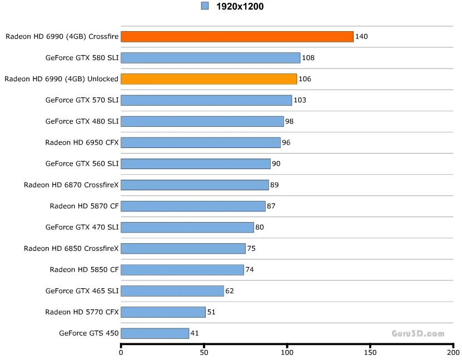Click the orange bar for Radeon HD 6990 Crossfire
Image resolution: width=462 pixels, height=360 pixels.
(237, 37)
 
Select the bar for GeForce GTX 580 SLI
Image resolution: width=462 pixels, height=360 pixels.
(210, 58)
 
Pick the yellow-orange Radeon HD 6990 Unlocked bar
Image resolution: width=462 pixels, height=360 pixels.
(208, 79)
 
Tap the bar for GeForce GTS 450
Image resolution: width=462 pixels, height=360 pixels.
(155, 333)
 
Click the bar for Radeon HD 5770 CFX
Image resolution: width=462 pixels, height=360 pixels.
(163, 312)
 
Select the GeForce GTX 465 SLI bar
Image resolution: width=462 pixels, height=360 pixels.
(172, 291)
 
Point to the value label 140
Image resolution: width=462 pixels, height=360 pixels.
(361, 37)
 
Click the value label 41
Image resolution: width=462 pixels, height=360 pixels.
(195, 333)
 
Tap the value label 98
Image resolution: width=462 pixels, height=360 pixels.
(289, 121)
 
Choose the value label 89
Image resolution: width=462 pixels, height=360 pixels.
(274, 185)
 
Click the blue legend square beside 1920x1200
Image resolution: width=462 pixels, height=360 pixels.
(205, 6)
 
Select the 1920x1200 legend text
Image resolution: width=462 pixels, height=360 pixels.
(240, 7)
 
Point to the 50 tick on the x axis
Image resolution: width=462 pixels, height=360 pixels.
(204, 352)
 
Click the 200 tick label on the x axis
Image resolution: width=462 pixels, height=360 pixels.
(453, 352)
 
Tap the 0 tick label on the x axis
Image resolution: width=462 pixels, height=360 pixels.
(121, 352)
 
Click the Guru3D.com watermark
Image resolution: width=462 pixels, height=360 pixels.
(418, 334)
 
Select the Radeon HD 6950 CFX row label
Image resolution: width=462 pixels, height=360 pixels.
(82, 142)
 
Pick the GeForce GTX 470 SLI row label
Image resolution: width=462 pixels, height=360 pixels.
(82, 227)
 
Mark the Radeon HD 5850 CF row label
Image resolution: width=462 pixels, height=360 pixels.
(84, 270)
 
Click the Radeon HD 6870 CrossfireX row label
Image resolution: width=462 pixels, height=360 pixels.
(71, 185)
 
